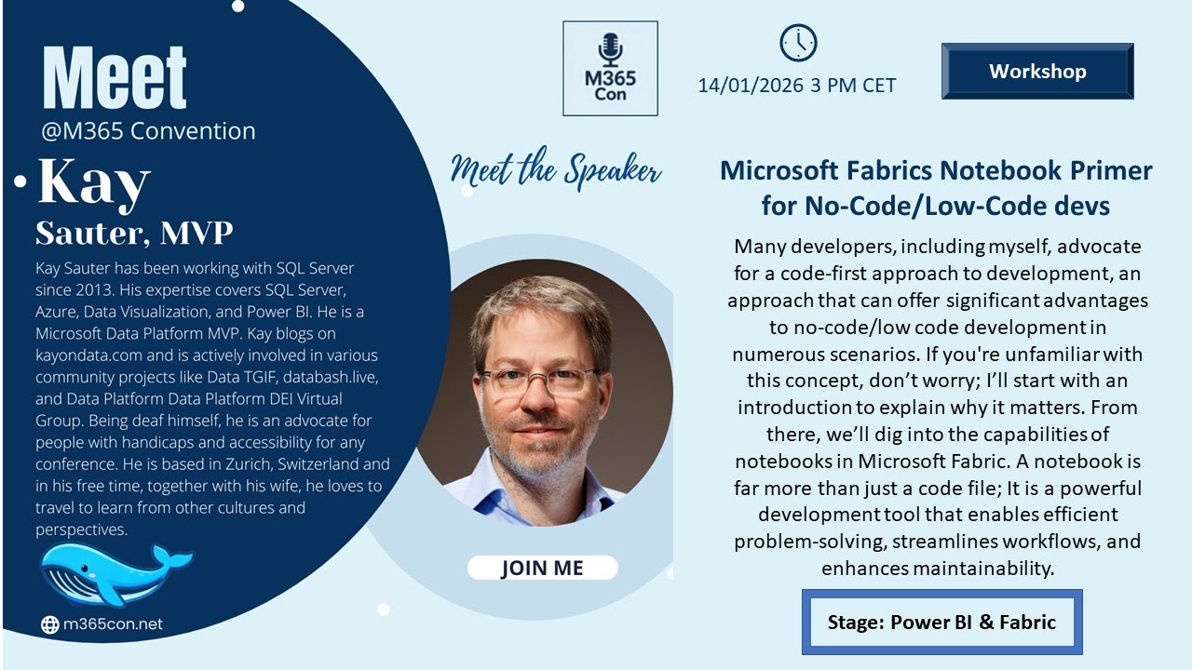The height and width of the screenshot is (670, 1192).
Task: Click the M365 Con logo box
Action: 610,69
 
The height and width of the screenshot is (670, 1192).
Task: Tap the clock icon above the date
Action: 797,43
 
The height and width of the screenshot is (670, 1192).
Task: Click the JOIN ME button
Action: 542,568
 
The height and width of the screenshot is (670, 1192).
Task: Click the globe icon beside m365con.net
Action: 50,625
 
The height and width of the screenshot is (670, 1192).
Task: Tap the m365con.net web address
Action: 112,624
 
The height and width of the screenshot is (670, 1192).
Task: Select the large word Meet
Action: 115,78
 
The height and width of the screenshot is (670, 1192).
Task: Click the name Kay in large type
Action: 93,183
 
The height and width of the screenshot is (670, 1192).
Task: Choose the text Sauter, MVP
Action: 134,233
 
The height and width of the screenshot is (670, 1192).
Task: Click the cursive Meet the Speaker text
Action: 556,171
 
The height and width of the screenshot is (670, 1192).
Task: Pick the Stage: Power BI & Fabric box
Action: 941,622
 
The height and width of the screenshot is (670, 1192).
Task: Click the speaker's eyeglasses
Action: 540,379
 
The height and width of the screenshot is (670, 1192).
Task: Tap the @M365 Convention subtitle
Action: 148,131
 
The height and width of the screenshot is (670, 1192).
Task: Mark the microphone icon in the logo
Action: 610,47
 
